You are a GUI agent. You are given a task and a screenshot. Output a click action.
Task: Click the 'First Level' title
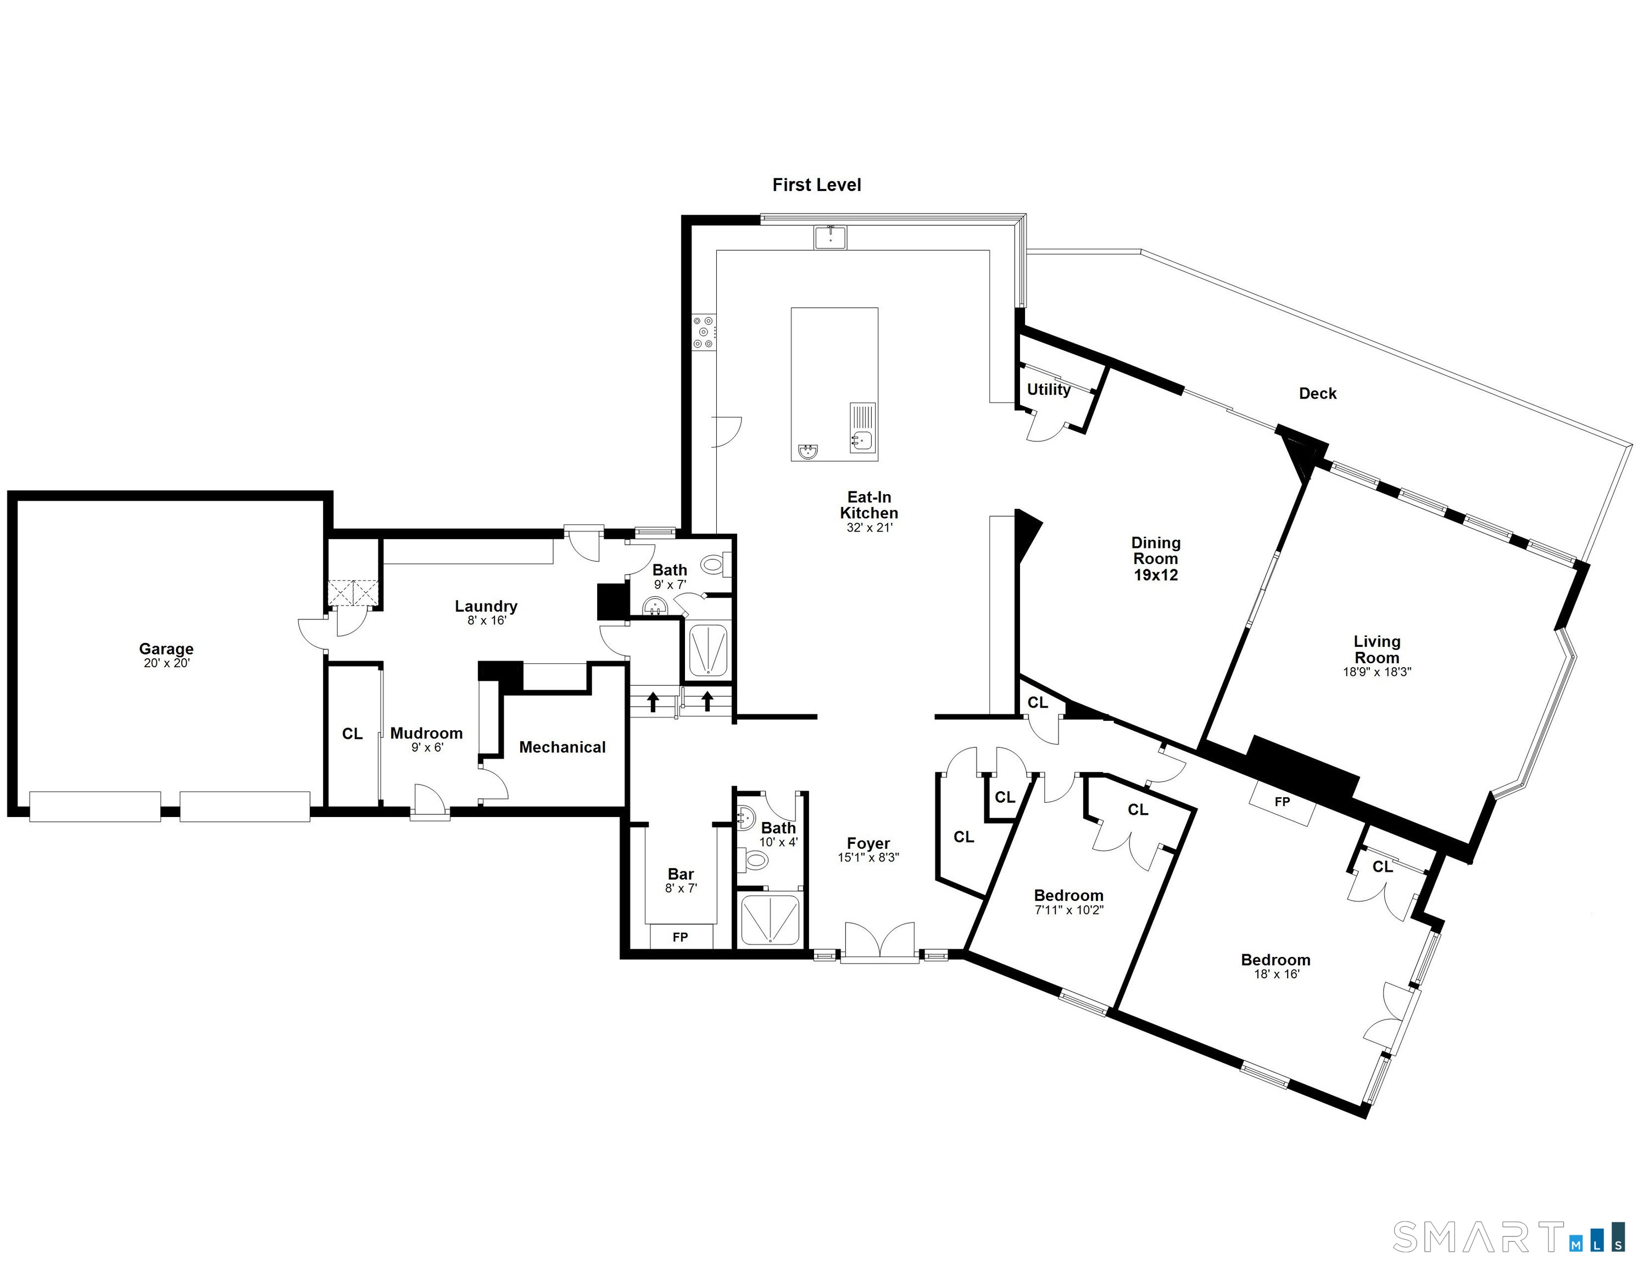coord(817,184)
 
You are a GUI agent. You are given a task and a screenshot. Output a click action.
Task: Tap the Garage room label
coord(166,648)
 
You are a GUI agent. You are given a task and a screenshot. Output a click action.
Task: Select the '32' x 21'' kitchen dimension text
coord(869,528)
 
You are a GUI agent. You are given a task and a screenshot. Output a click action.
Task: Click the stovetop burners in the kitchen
coord(704,332)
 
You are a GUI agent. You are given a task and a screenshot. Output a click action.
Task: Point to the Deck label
coord(1318,394)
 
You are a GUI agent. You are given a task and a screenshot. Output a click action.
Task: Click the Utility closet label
coord(1049,389)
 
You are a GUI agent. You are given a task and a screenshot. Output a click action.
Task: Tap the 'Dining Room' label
coord(1156,550)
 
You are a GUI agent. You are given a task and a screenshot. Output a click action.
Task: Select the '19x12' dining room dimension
coord(1156,575)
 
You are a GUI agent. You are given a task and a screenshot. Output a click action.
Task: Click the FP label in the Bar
coord(680,937)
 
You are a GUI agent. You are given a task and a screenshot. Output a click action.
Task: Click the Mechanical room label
coord(562,747)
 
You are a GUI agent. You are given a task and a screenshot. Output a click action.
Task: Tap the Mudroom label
coord(427,734)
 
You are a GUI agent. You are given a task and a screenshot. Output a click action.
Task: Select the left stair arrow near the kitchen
coord(653,702)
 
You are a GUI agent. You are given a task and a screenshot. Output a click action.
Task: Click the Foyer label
coord(868,843)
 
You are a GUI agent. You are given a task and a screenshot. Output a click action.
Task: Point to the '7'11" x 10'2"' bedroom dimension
coord(1069,910)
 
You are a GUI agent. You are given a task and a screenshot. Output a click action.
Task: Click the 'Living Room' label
coord(1377,650)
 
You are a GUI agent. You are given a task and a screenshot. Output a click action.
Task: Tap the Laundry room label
coord(486,606)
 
